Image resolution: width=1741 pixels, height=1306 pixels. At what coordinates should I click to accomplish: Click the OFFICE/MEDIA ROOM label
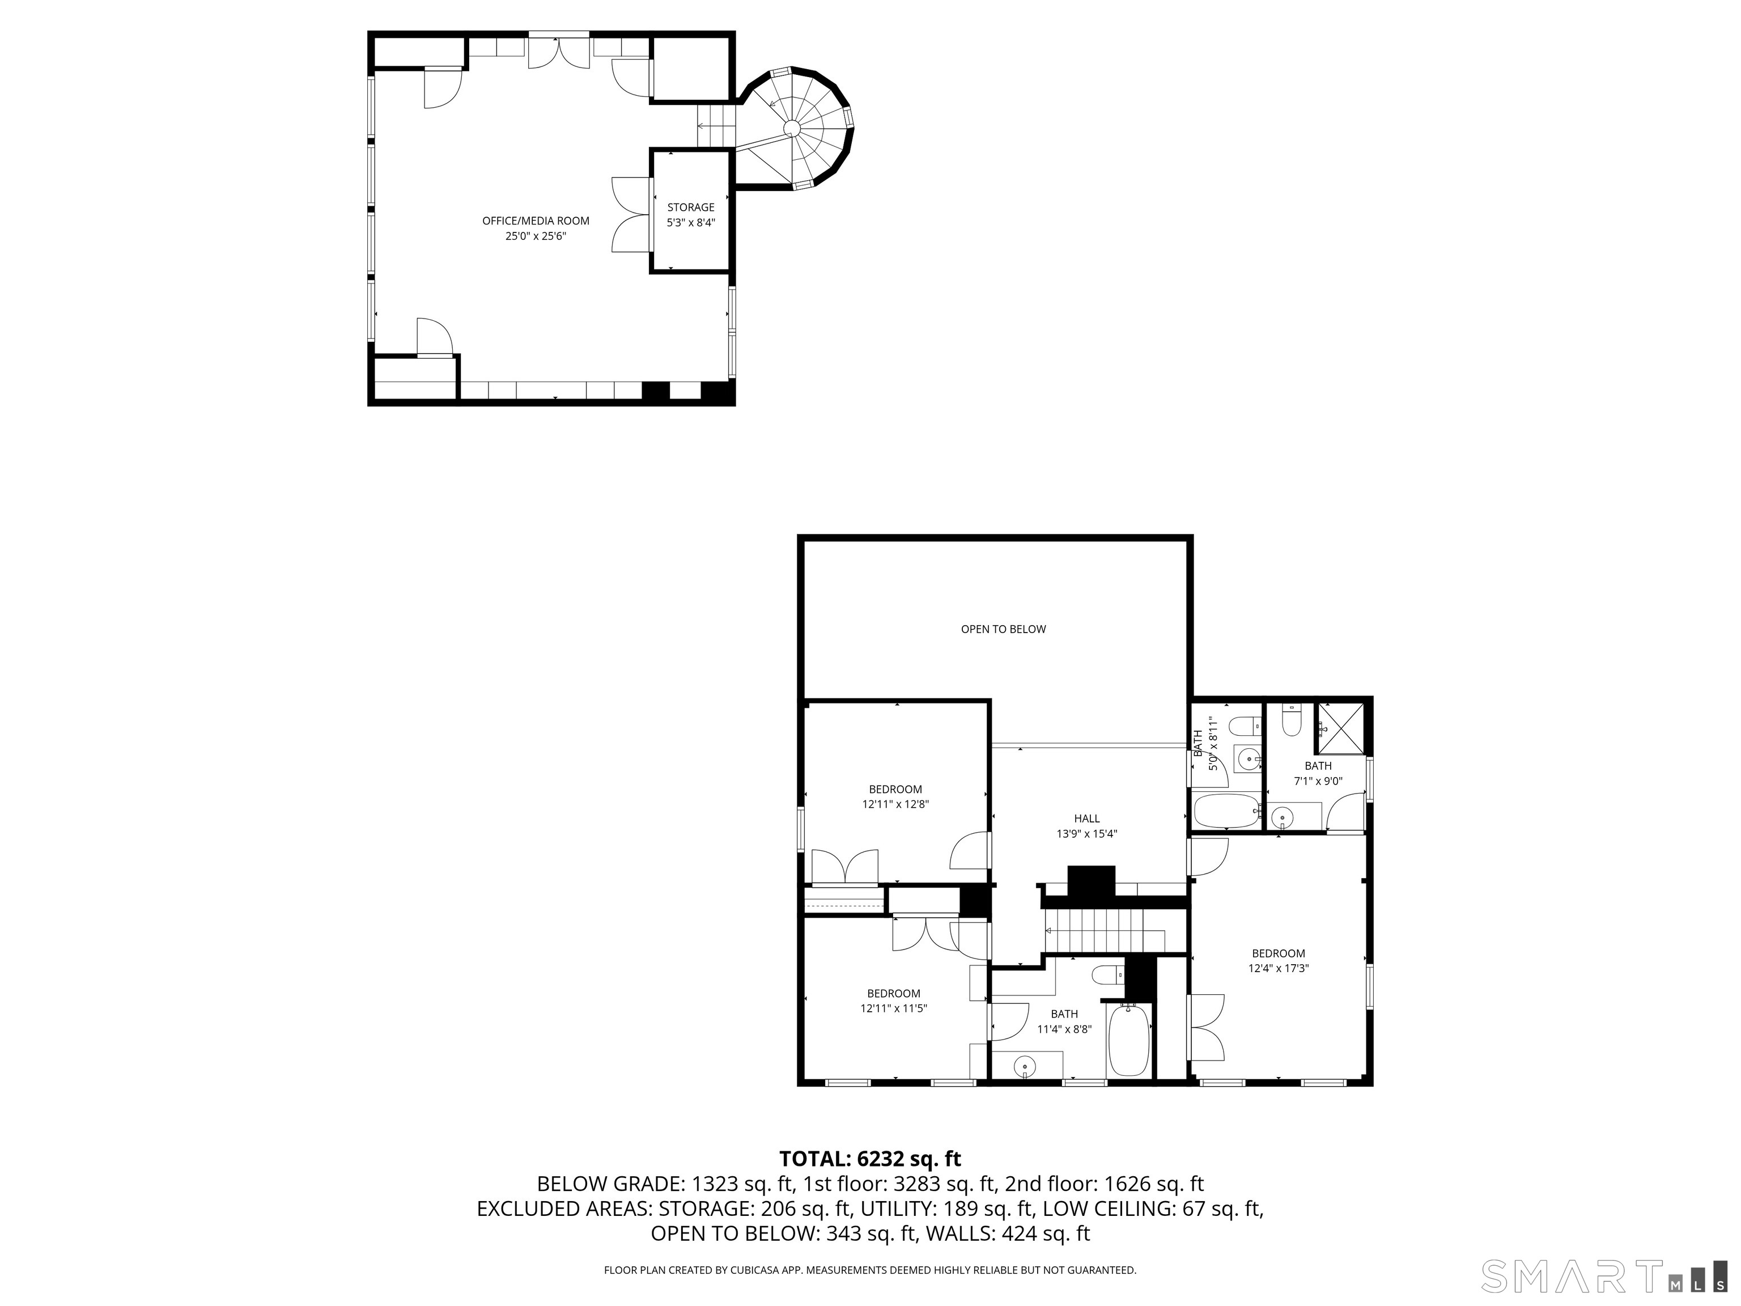point(535,221)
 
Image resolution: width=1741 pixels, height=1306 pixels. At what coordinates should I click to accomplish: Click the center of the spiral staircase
point(792,128)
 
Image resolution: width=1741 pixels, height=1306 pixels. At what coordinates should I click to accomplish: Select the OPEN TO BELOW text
point(1003,629)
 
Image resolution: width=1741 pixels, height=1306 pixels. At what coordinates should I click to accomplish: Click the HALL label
point(1086,819)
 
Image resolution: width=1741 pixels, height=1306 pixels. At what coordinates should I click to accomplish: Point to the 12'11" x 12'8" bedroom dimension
point(895,804)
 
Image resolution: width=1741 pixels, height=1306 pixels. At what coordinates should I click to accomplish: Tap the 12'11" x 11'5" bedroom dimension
point(893,1008)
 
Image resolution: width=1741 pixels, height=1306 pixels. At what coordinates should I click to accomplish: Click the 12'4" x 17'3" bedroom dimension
point(1277,968)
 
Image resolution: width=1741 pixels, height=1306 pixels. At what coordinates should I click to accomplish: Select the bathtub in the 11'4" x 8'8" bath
point(1129,1041)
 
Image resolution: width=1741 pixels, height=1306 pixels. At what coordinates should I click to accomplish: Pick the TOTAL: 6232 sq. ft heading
point(870,1159)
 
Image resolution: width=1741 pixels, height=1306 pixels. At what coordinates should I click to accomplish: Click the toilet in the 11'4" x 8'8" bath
point(1107,976)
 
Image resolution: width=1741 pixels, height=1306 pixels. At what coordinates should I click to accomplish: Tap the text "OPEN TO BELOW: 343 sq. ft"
point(784,1233)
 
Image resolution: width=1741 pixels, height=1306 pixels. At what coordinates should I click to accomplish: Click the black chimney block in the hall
point(1091,881)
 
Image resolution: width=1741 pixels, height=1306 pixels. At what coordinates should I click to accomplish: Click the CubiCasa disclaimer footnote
point(870,1270)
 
